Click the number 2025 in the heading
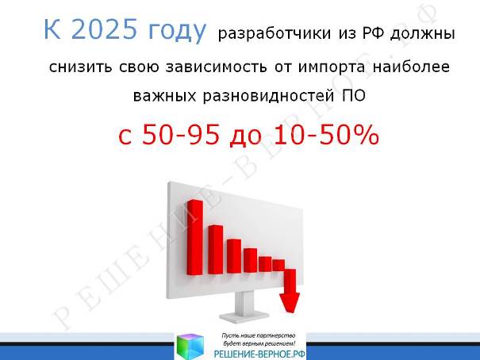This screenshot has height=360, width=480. (x=104, y=29)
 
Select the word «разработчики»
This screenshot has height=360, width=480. (x=275, y=33)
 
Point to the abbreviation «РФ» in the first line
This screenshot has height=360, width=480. (x=373, y=33)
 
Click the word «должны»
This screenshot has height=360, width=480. (x=422, y=34)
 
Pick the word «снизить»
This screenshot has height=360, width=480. (x=80, y=67)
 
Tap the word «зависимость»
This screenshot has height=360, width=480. (x=216, y=67)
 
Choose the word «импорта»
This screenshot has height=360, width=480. (x=332, y=67)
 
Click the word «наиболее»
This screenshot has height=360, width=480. (x=411, y=67)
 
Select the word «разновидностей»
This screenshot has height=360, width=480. (x=268, y=96)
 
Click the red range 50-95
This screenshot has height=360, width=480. (x=181, y=135)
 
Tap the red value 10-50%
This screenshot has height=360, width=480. (x=326, y=135)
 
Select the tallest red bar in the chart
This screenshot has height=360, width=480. (x=194, y=237)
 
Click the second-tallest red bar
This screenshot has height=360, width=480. (x=215, y=250)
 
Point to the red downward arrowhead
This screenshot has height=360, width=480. (x=290, y=302)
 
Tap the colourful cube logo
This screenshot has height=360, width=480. (x=190, y=347)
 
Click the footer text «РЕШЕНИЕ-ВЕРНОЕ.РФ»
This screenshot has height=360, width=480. (x=259, y=354)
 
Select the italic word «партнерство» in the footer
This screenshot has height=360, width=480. (x=280, y=336)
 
